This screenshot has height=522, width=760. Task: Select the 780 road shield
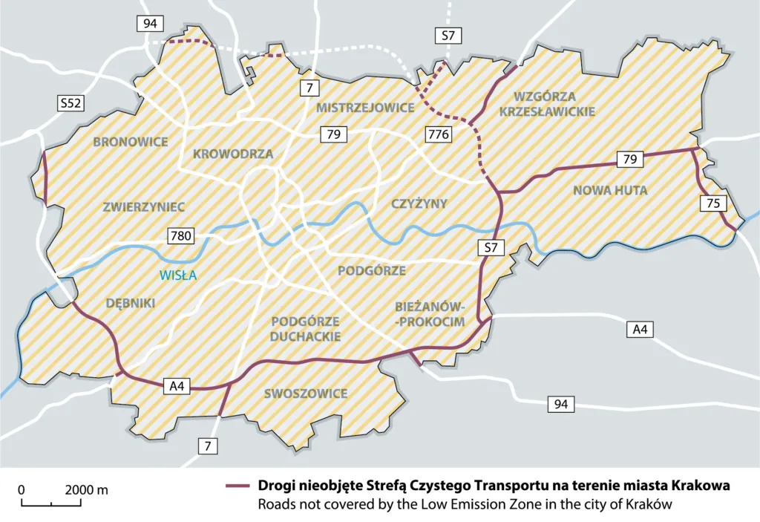181,237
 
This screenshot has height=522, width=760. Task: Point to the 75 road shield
712,203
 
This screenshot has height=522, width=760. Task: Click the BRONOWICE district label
131,142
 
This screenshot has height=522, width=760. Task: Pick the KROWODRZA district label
233,154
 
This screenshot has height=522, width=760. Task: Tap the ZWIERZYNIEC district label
144,206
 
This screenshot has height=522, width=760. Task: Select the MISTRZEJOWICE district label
365,108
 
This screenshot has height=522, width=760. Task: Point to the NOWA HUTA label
610,191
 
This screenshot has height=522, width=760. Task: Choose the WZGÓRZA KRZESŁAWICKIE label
554,104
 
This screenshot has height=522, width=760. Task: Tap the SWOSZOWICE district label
306,394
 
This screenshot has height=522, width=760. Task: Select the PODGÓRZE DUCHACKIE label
306,328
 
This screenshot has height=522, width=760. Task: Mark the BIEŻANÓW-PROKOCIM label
430,313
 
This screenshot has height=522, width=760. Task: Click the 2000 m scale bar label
86,490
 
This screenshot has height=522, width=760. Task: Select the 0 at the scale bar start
22,490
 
